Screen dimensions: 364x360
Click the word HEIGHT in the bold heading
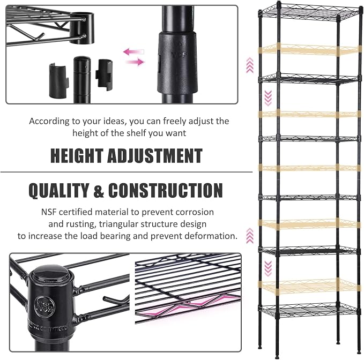pos(77,155)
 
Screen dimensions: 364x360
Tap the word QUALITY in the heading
pos(59,191)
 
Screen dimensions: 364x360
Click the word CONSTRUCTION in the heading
pos(166,190)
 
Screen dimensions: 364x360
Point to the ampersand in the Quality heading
pos(99,190)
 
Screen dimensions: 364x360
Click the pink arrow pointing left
pos(133,52)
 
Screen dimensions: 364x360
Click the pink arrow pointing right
pos(135,62)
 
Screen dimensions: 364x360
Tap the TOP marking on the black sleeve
pos(180,55)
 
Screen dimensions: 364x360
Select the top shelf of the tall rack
pos(310,13)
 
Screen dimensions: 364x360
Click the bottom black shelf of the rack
pos(310,310)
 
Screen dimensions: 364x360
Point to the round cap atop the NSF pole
pos(50,275)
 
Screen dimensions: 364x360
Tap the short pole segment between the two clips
pos(82,79)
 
